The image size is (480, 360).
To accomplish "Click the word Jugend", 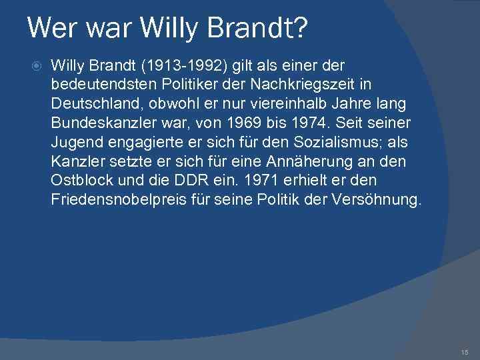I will click(75, 143).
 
